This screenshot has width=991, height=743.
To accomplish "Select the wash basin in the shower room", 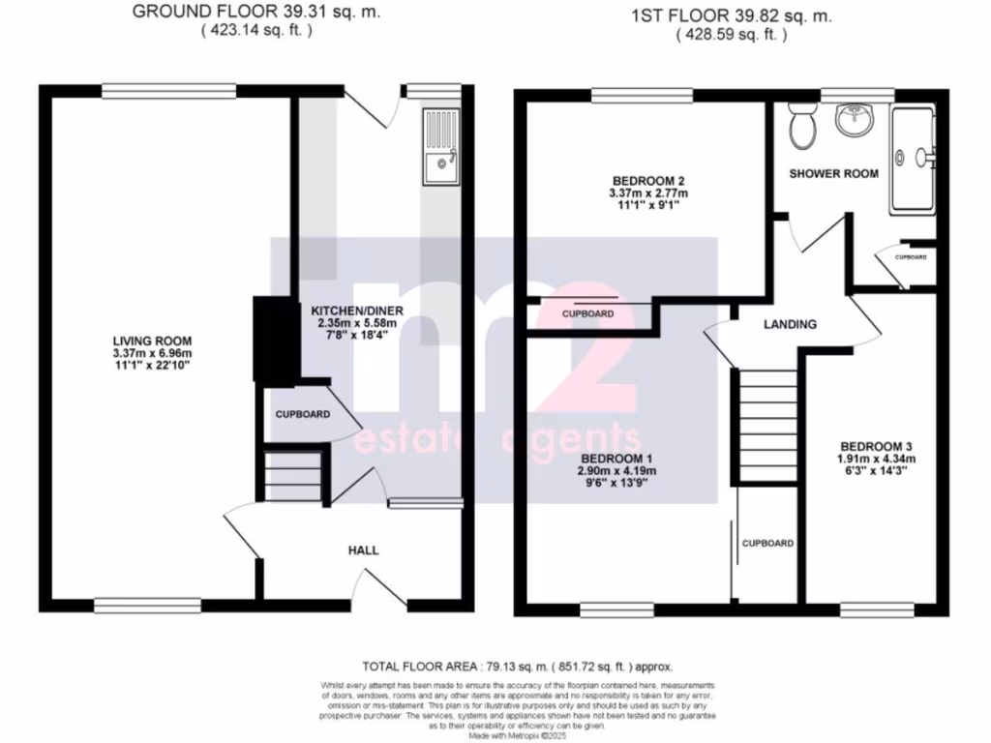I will click(x=856, y=121).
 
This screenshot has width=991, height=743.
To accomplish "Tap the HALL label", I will click(x=363, y=550).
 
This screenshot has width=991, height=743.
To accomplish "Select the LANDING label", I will click(x=790, y=324).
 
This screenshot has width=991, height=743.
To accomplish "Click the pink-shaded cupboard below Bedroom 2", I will click(x=588, y=314).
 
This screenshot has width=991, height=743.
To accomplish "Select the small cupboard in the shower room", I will click(x=910, y=258).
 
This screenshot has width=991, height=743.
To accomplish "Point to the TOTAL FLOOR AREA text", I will click(x=515, y=667).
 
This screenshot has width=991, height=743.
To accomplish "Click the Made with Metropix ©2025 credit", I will click(x=518, y=736).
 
